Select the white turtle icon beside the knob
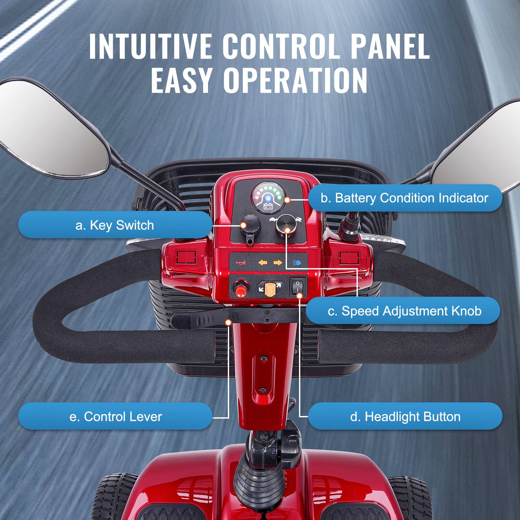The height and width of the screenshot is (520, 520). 272,220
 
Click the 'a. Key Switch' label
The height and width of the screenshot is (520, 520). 114,225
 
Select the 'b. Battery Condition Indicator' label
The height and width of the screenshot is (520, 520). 405,198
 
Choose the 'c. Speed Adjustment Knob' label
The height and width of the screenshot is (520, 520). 404,311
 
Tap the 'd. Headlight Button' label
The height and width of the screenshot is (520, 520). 405,416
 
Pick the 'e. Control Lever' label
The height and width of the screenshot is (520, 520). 115,416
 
